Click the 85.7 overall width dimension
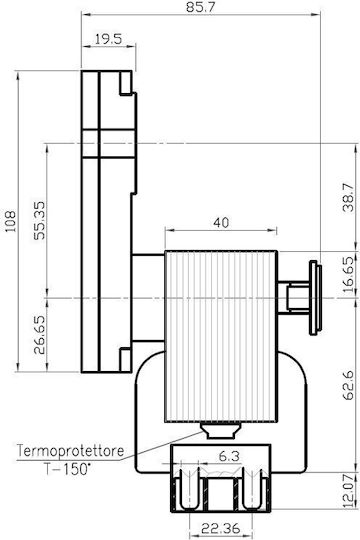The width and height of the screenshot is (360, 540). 200,7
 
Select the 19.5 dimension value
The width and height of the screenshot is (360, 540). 108,39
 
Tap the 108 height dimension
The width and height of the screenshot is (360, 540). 10,221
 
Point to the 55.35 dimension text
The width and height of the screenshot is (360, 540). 39,220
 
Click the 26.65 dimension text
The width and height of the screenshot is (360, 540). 39,335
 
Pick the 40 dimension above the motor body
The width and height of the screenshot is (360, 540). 221,222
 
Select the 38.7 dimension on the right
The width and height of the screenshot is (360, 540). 348,197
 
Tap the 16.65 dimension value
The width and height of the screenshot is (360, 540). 348,274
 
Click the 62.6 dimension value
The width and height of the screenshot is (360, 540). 348,385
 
